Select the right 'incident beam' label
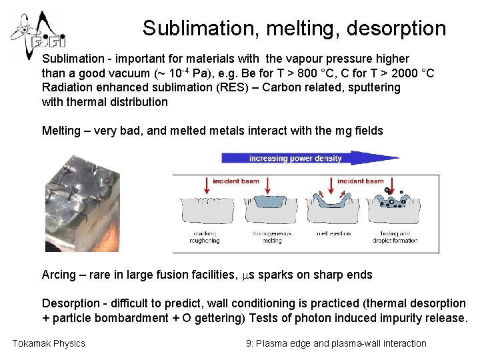click(x=361, y=181)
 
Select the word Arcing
click(x=59, y=275)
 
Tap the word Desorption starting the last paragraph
click(x=72, y=303)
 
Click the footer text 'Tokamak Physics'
click(x=49, y=343)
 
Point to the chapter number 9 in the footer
click(x=249, y=343)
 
